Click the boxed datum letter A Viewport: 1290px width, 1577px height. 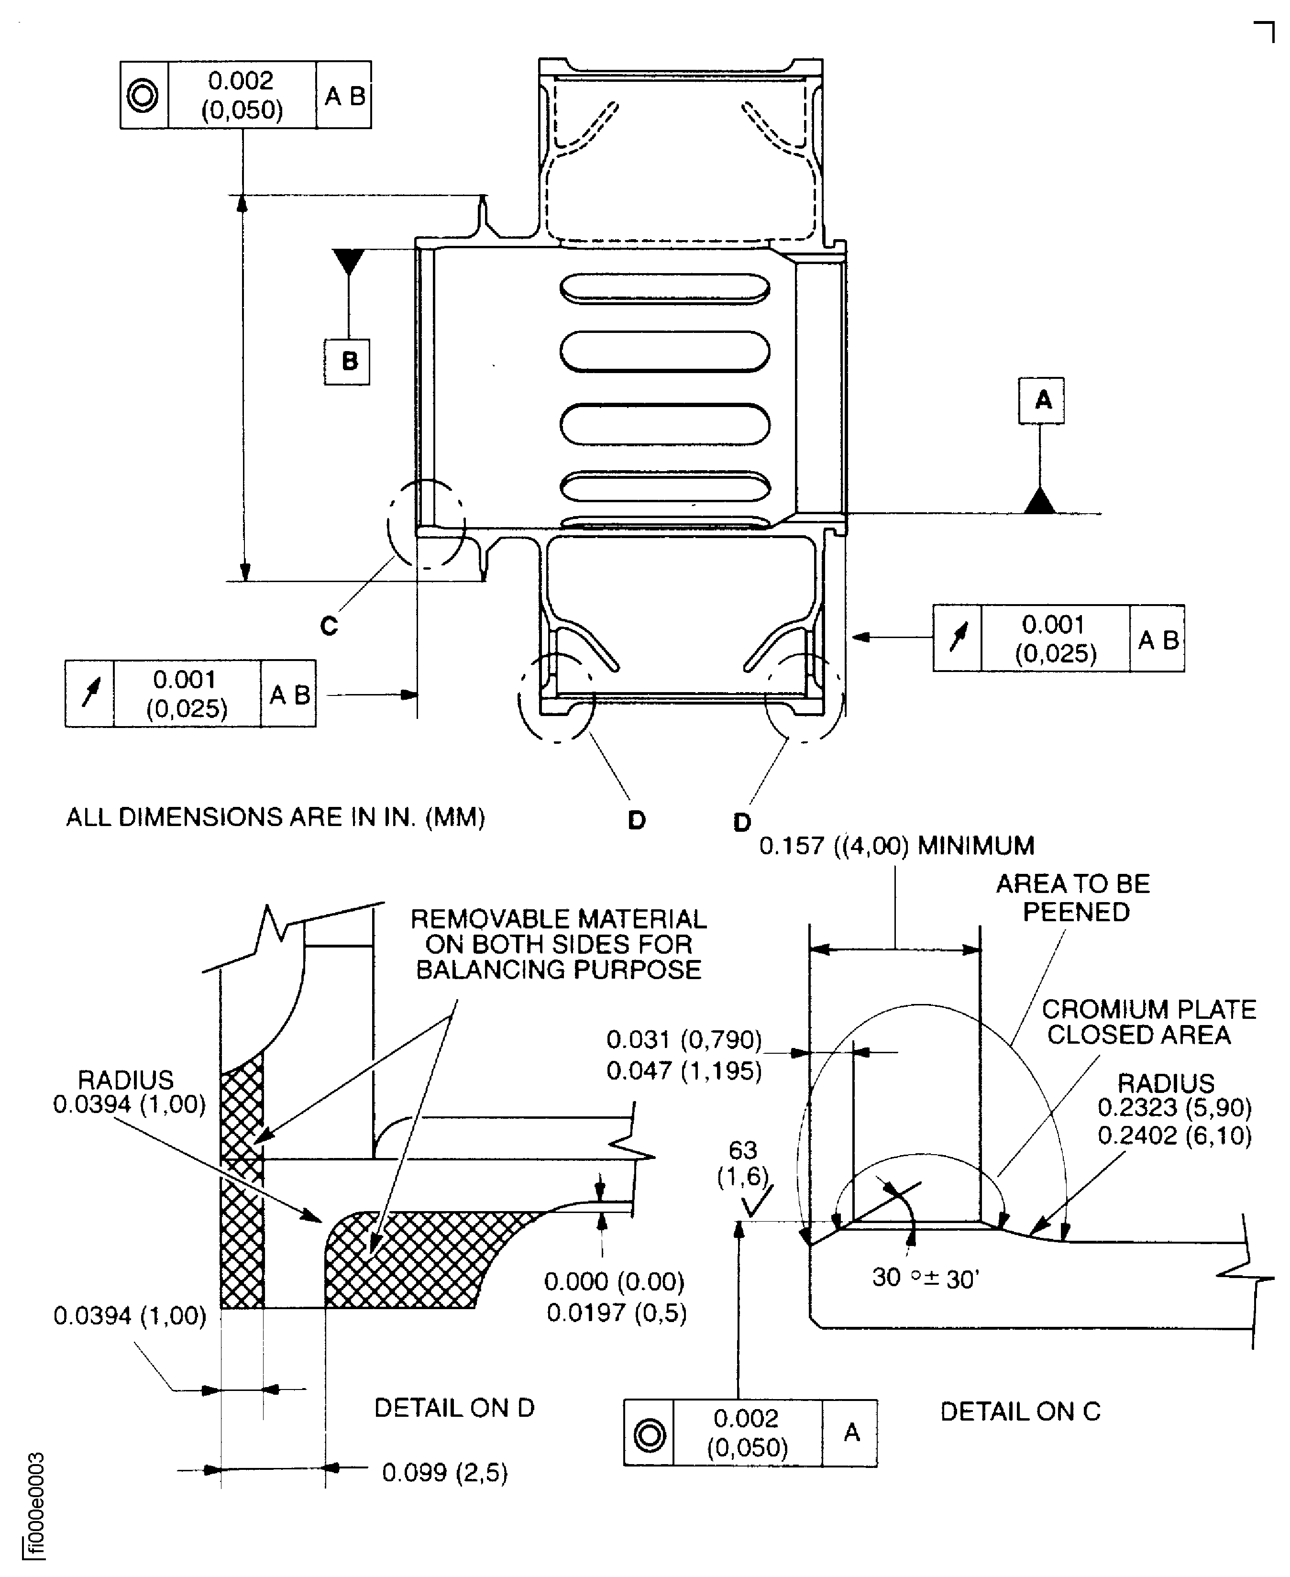[x=1041, y=400]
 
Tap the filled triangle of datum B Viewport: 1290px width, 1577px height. [x=349, y=261]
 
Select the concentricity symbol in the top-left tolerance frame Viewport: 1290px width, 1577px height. [x=143, y=95]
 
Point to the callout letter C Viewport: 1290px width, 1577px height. [x=329, y=626]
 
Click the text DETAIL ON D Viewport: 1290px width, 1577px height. [x=454, y=1408]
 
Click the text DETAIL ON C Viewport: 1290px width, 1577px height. [x=1020, y=1412]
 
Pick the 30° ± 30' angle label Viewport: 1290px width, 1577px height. [x=925, y=1278]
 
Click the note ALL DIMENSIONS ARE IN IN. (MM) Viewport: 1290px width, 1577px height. [x=276, y=817]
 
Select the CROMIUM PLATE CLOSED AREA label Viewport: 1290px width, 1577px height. [x=1148, y=1022]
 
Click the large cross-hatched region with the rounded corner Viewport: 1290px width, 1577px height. [x=416, y=1260]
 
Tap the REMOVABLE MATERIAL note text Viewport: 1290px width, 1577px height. [x=558, y=944]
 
